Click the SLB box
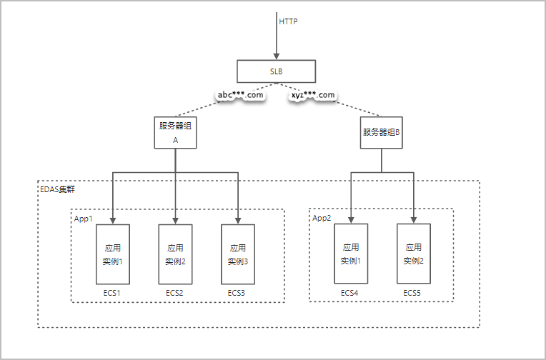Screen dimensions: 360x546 click(x=276, y=71)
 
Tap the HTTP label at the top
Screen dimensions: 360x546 click(x=288, y=21)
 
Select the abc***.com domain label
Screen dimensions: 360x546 click(x=240, y=95)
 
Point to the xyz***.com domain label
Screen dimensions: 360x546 click(x=313, y=95)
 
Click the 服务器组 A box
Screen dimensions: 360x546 click(x=176, y=132)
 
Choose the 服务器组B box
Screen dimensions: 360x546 click(x=381, y=132)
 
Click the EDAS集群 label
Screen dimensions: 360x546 click(x=56, y=190)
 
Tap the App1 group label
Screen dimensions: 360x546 click(x=84, y=219)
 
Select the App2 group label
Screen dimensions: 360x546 click(x=322, y=219)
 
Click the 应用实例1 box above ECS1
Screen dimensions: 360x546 click(x=113, y=255)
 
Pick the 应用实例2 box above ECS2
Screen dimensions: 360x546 click(x=175, y=255)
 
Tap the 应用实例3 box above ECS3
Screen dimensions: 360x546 click(x=238, y=255)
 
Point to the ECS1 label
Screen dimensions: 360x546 click(x=113, y=293)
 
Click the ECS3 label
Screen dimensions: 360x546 click(x=237, y=293)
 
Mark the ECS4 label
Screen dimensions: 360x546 click(x=349, y=293)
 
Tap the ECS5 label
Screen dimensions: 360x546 click(x=412, y=293)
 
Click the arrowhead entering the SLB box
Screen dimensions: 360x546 click(x=276, y=56)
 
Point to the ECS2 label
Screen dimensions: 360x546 click(x=175, y=293)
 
